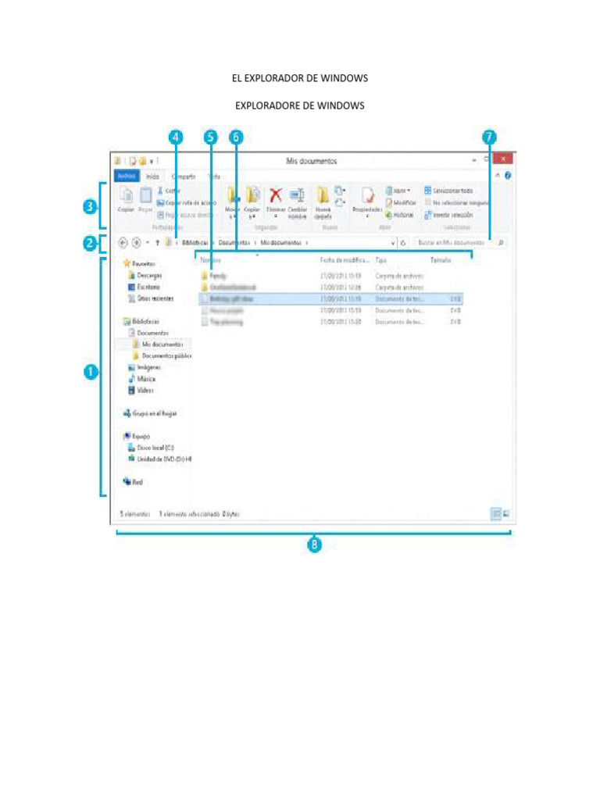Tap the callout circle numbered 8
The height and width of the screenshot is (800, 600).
pos(314,546)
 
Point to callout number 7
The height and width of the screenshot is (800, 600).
pos(489,137)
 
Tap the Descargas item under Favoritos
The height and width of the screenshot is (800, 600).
pos(148,276)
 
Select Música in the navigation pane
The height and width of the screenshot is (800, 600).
pos(145,378)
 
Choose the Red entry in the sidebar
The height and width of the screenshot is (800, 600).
pos(137,482)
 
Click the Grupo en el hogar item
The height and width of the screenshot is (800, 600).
pos(154,412)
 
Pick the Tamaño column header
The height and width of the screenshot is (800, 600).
pos(441,259)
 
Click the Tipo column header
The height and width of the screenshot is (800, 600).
pos(381,259)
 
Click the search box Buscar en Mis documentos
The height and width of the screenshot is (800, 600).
pos(452,243)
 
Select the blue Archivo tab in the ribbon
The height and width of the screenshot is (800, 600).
pos(127,177)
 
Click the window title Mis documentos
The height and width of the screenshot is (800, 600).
pos(312,161)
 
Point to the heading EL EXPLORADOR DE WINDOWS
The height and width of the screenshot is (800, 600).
pos(300,79)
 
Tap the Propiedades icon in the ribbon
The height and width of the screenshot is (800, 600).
pos(367,199)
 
